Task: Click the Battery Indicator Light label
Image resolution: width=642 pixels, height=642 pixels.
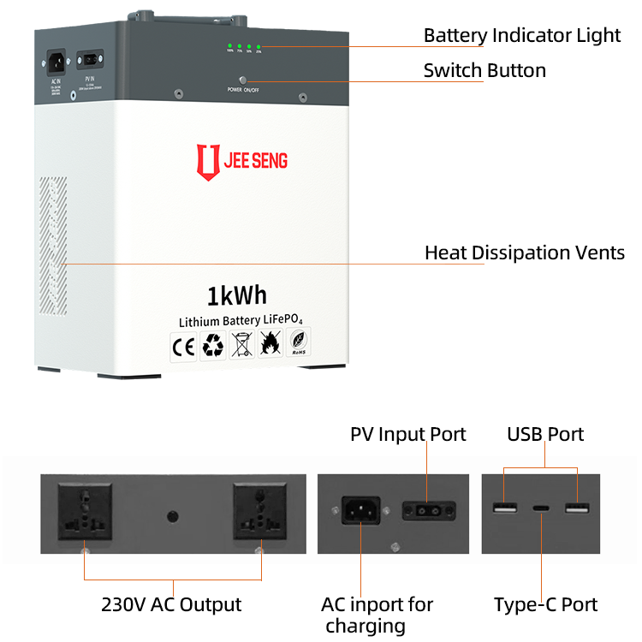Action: coord(521,36)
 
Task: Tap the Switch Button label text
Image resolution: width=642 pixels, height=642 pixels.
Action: coord(484,70)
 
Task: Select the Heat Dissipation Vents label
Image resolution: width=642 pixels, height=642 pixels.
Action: coord(525,253)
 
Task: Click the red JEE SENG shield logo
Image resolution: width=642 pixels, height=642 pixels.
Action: coord(205,161)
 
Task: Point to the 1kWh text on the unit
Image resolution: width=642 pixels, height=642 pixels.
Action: coord(236,295)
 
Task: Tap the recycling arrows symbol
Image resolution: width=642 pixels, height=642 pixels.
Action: coord(212,347)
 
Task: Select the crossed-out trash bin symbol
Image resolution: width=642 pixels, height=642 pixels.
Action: coord(241,347)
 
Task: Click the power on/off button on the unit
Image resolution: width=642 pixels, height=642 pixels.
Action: coord(243,79)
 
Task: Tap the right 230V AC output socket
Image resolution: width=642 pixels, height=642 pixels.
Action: coord(259,510)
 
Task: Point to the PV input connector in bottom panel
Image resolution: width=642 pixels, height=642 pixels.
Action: coord(426,510)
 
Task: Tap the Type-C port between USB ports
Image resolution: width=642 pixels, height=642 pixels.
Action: coord(540,508)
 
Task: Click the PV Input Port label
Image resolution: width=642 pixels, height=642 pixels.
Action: coord(408,434)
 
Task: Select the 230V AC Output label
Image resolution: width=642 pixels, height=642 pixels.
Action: coord(172,604)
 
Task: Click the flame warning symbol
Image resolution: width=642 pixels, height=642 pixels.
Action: coord(270,347)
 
